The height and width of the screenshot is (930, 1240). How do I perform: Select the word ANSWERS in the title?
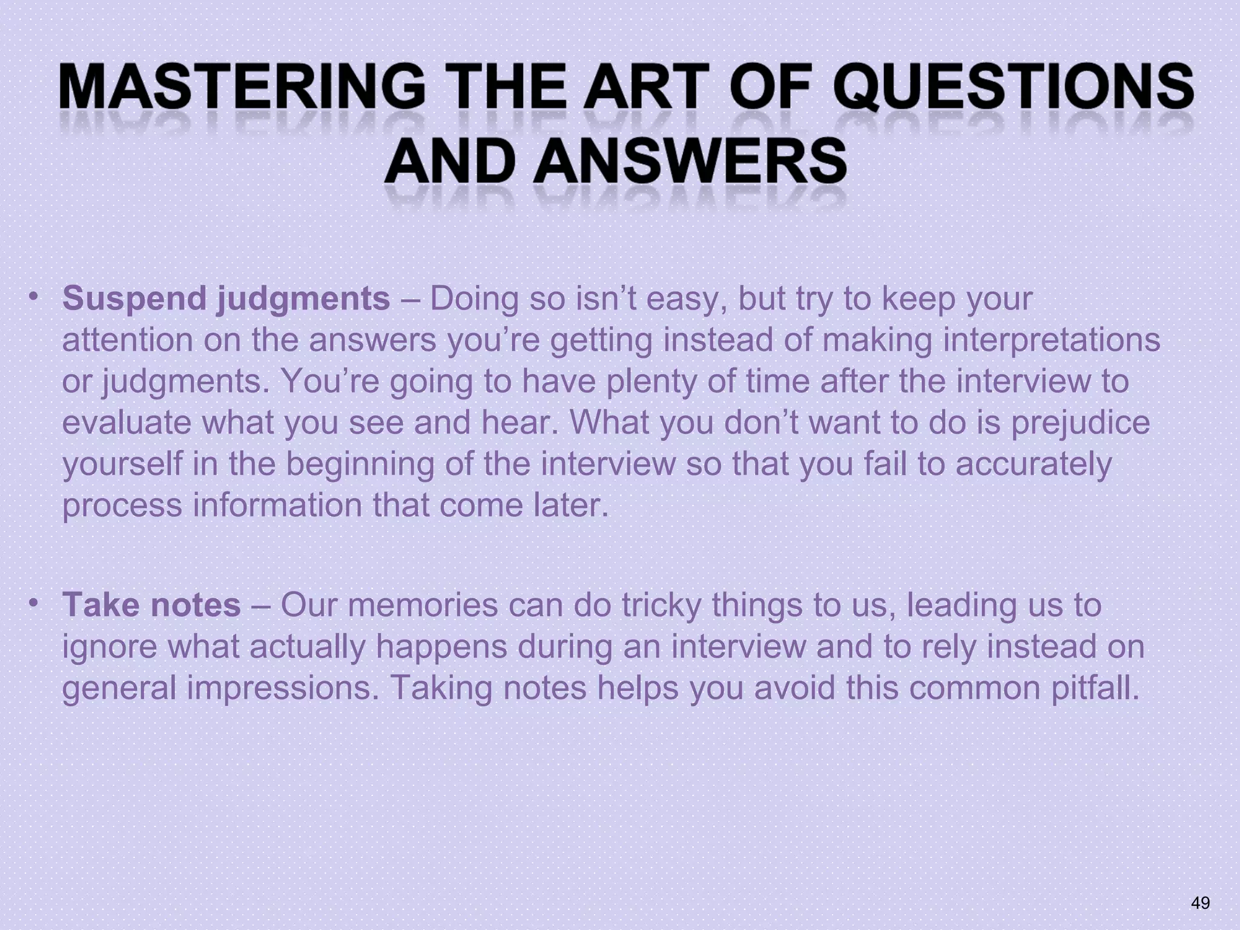689,162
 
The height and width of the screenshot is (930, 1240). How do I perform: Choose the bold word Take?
101,605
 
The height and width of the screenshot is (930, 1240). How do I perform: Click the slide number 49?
1200,903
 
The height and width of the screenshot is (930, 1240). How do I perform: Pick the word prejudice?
1080,423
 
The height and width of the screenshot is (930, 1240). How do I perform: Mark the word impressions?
282,688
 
